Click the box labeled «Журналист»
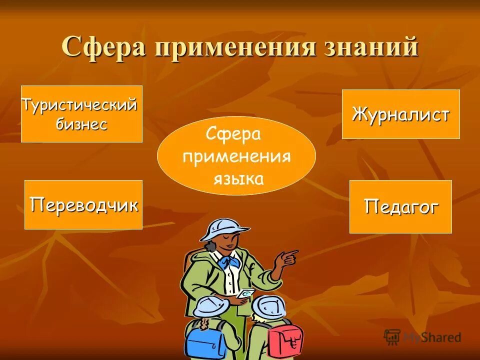pyautogui.click(x=400, y=114)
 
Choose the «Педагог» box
pyautogui.click(x=400, y=206)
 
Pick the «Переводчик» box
pyautogui.click(x=83, y=204)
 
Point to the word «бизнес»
pyautogui.click(x=81, y=124)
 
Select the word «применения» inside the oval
pyautogui.click(x=236, y=156)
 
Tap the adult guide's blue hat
pyautogui.click(x=223, y=228)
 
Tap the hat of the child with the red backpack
pyautogui.click(x=268, y=306)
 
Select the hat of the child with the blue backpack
pyautogui.click(x=210, y=306)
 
